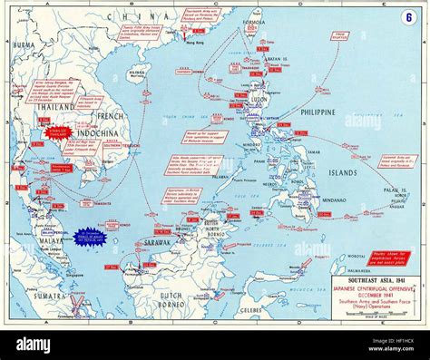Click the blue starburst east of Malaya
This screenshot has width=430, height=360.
coord(89,238)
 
